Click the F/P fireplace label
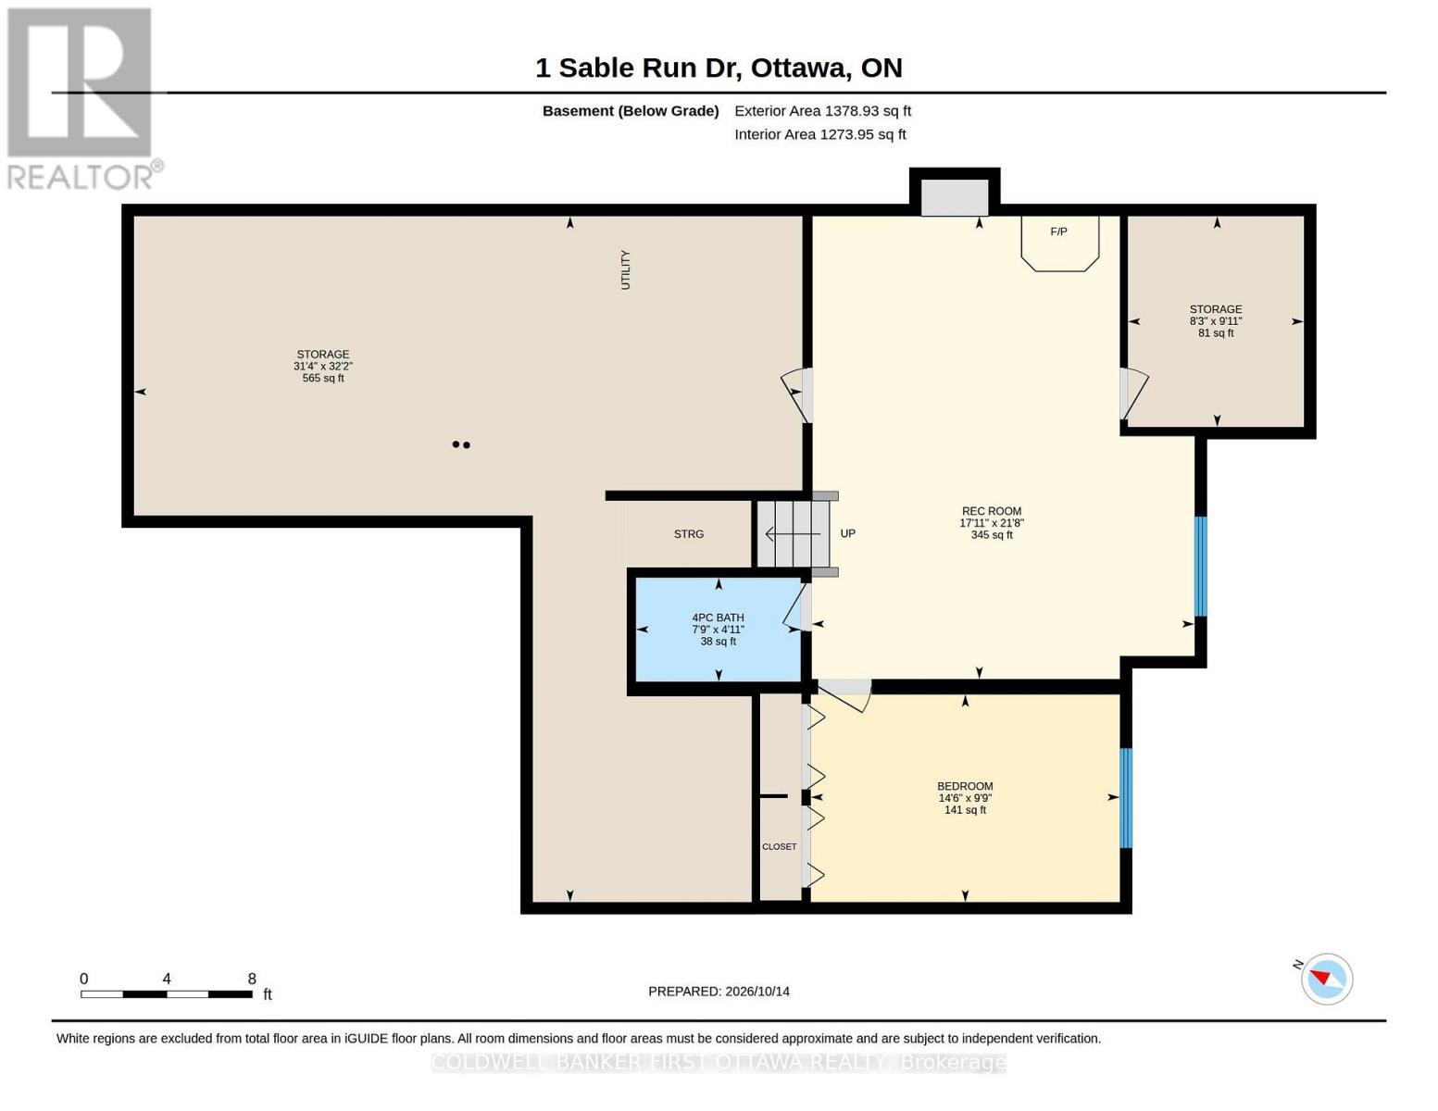[x=1058, y=231]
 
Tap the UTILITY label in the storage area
[x=625, y=270]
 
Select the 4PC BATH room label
[x=718, y=618]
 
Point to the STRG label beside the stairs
[x=689, y=534]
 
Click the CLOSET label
[x=779, y=847]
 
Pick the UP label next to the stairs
[x=848, y=533]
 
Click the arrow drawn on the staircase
[x=793, y=533]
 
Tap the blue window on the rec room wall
[x=1200, y=567]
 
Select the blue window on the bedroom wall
[x=1126, y=798]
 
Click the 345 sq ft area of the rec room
[x=992, y=534]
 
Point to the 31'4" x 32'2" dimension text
[x=323, y=367]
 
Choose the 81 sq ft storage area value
[x=1216, y=332]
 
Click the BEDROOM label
[x=965, y=786]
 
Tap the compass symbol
[x=1327, y=980]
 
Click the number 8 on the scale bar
[x=252, y=979]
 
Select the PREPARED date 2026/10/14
[x=757, y=992]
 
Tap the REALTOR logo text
[x=79, y=177]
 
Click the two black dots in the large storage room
[x=461, y=444]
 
